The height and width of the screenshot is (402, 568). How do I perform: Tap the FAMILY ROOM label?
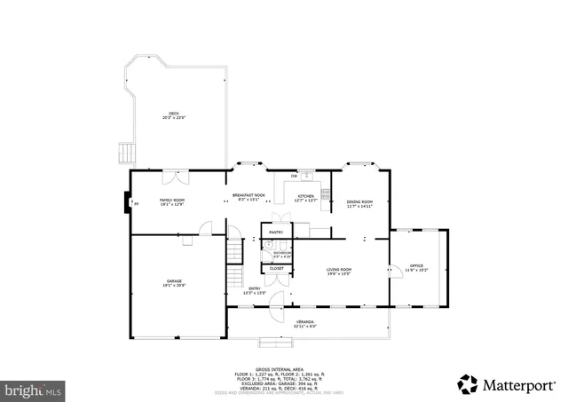(x=171, y=201)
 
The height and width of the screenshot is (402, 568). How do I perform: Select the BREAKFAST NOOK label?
(x=248, y=196)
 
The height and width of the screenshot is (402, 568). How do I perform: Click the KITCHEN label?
(x=305, y=196)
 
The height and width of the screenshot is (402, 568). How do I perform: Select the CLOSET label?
(x=277, y=268)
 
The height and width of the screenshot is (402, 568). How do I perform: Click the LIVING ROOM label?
(x=339, y=271)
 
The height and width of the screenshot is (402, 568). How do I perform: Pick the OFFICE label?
(x=416, y=267)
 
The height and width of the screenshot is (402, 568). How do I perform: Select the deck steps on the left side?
(x=126, y=153)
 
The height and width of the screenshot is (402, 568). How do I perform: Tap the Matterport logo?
(x=503, y=384)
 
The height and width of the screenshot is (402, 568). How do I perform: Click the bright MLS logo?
(x=34, y=389)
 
